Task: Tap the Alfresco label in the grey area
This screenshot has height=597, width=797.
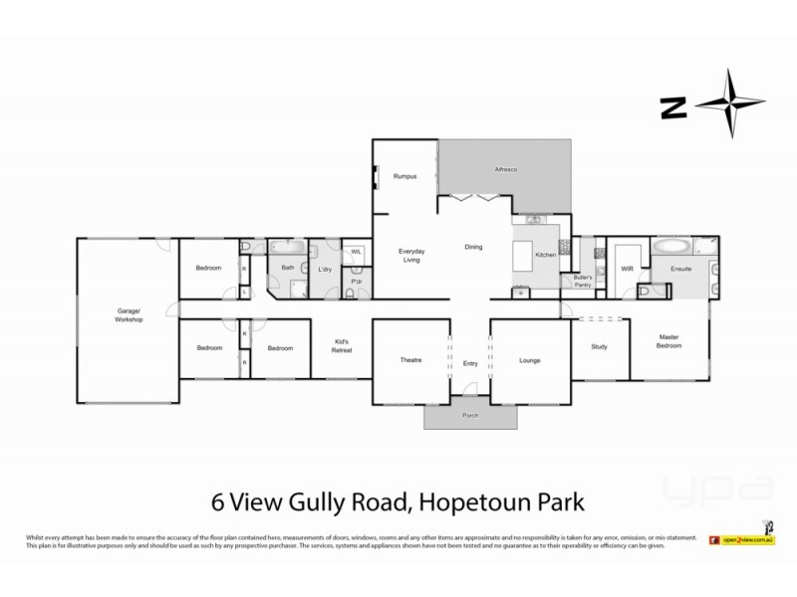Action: (x=507, y=170)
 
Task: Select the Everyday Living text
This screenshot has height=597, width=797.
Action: (x=411, y=255)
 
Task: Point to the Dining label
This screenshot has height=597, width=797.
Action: (x=475, y=247)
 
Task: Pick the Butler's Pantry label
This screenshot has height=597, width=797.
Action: (x=583, y=282)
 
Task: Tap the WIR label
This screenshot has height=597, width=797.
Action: (x=628, y=268)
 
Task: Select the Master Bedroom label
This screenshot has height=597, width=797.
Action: (x=669, y=342)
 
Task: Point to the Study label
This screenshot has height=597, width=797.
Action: (x=599, y=346)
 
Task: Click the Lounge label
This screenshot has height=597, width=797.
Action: (x=529, y=359)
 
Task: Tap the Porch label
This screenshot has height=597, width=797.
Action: (x=470, y=417)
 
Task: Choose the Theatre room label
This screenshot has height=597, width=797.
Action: (x=411, y=359)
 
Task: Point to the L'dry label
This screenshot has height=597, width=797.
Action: (x=325, y=269)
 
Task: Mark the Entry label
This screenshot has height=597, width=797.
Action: (x=470, y=363)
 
